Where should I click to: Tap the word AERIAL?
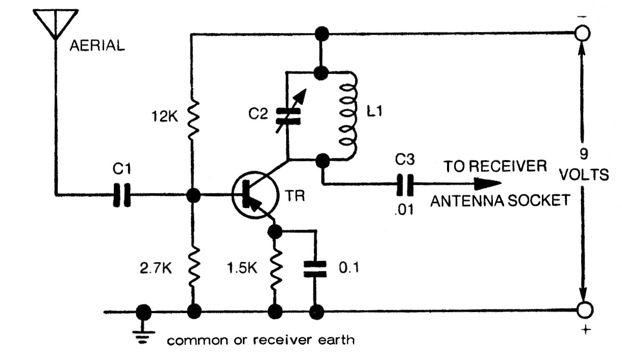(x=97, y=46)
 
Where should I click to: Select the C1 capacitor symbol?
(x=121, y=195)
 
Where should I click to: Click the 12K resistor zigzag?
(x=193, y=118)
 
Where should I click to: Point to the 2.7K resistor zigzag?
(x=193, y=267)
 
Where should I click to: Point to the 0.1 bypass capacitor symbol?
(x=315, y=268)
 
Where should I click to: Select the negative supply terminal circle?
(x=582, y=34)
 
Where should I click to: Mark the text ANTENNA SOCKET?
(x=500, y=201)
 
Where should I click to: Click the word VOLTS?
(x=584, y=175)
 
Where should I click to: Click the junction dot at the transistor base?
(x=193, y=195)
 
